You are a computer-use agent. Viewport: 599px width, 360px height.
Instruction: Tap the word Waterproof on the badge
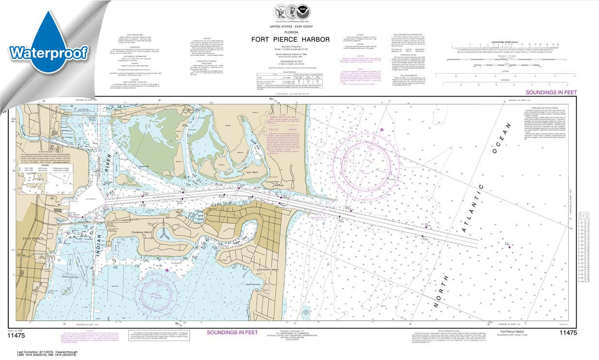coord(48,52)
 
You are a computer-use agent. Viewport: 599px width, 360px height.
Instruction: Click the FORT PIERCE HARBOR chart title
coord(290,39)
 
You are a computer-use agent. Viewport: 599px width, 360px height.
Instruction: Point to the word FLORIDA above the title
coord(290,31)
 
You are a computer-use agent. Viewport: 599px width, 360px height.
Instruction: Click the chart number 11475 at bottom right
coord(567,332)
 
